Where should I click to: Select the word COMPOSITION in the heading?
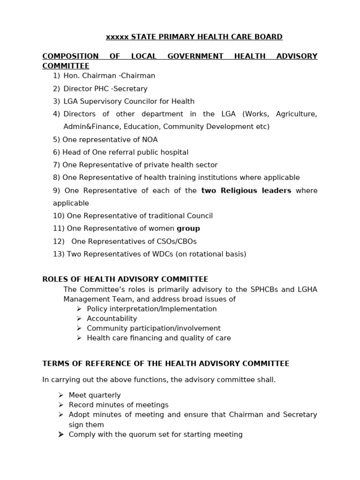[70, 56]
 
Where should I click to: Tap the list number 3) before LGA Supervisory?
[56, 101]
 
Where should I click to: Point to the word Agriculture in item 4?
[296, 114]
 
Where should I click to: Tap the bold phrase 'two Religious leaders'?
[246, 190]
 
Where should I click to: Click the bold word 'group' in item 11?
[188, 229]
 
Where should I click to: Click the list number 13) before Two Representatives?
[59, 254]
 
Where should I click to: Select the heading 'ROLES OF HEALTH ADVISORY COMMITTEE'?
[125, 279]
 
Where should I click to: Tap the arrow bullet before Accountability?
[79, 319]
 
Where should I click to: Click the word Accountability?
[112, 319]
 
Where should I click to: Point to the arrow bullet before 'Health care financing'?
[79, 338]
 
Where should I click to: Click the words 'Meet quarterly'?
[95, 395]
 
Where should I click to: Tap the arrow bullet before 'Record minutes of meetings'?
[61, 405]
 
